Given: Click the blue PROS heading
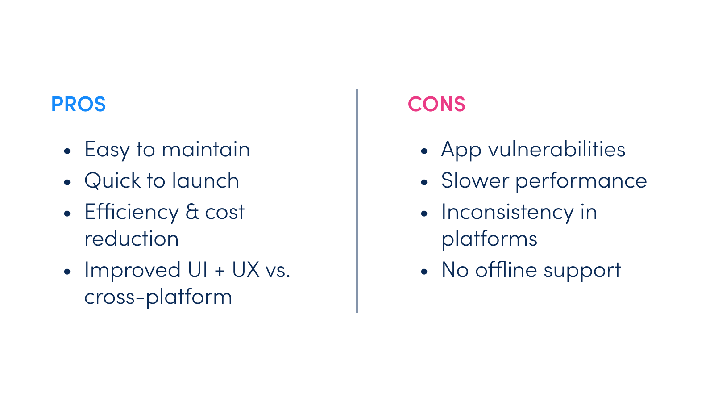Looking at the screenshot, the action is (79, 104).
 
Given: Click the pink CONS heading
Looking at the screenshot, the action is (437, 104).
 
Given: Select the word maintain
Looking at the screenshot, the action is (206, 149).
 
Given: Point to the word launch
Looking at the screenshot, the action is (206, 180).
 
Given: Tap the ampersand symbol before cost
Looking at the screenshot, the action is (192, 212).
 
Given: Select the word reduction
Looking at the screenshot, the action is (131, 238).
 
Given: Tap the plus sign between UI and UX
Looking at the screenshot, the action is (220, 271).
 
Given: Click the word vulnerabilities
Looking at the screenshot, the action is (556, 149).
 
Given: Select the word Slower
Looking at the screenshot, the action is (475, 180).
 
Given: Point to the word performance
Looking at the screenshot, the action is (581, 181).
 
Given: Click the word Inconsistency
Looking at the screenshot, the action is (507, 213).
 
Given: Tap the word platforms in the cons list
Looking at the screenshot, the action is (489, 239).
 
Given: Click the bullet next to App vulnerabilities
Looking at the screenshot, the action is (424, 151).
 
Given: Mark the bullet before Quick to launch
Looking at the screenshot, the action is (67, 183).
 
